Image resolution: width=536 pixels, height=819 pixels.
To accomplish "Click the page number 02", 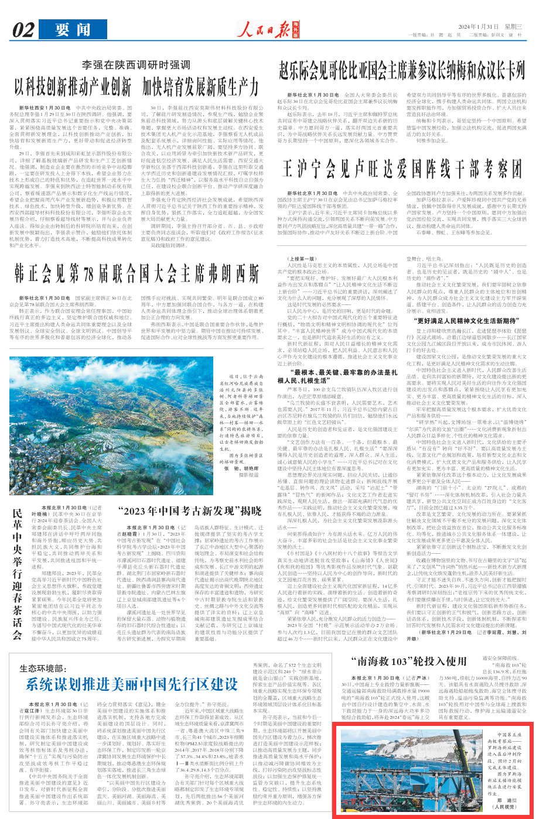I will (24, 29).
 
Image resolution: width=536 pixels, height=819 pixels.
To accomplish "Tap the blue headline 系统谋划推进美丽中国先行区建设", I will (131, 685).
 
